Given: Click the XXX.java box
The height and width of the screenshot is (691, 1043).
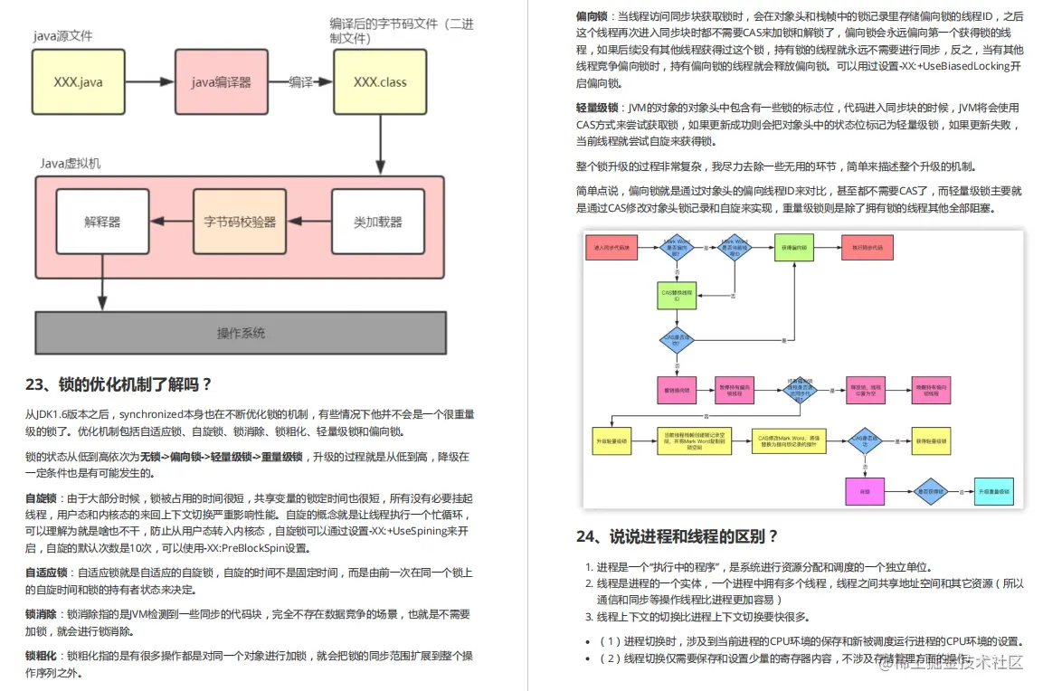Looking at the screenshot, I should point(78,81).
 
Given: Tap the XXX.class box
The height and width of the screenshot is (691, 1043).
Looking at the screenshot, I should point(380,81).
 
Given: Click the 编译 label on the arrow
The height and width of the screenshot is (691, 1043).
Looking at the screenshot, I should point(301,81).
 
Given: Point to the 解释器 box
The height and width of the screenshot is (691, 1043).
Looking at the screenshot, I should point(102,222).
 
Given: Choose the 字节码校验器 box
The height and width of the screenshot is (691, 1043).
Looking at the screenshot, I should point(240,222).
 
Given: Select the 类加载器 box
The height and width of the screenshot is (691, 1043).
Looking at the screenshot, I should point(378,222).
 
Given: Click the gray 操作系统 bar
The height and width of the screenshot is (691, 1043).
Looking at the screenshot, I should point(241,333).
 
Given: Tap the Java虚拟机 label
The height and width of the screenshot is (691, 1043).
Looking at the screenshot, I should point(70,163).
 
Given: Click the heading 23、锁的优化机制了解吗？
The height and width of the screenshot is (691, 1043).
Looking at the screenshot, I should point(119,383).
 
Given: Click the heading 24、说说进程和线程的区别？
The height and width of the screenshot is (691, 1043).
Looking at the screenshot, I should point(677,536).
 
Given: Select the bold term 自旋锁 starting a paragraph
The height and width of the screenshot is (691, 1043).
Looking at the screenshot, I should point(42,498).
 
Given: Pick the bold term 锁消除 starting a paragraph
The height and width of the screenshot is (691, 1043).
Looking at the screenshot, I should point(42,614).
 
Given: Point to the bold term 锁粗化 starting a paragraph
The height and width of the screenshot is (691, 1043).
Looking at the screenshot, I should point(42,656).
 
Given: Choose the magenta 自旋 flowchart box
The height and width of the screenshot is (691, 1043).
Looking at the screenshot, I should point(864,492).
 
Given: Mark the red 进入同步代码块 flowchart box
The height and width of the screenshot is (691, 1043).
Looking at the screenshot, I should point(612,247).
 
